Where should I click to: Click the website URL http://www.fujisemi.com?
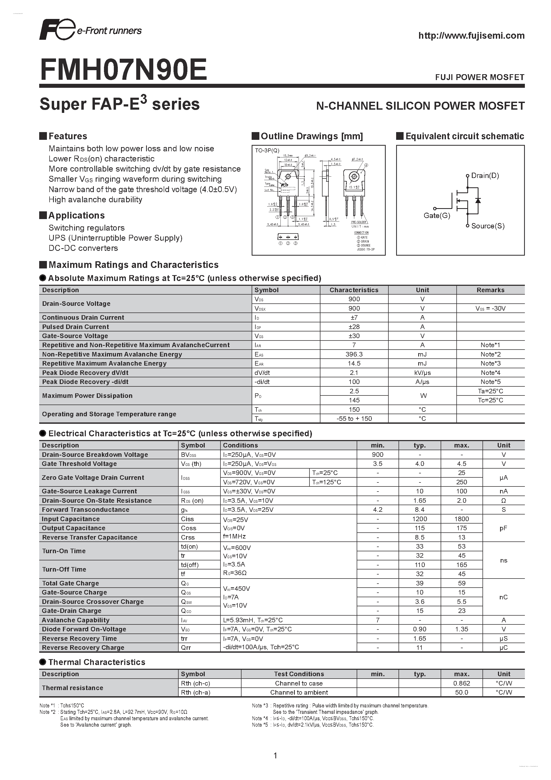click(471, 36)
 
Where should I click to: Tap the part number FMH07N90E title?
click(123, 70)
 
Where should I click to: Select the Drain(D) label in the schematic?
click(485, 176)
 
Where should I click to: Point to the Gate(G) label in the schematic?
click(437, 215)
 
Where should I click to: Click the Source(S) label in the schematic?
click(488, 226)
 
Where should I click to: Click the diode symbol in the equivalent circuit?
click(478, 200)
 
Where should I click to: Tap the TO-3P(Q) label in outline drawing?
click(267, 150)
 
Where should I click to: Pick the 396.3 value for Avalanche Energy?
click(354, 354)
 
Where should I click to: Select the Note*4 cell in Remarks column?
click(490, 373)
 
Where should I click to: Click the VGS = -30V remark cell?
click(490, 308)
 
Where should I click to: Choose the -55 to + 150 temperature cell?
click(354, 418)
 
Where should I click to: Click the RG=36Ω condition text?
click(235, 573)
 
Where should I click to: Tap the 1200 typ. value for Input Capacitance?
click(420, 519)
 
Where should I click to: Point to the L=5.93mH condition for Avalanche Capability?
click(252, 620)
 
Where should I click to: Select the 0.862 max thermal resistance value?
click(461, 683)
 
